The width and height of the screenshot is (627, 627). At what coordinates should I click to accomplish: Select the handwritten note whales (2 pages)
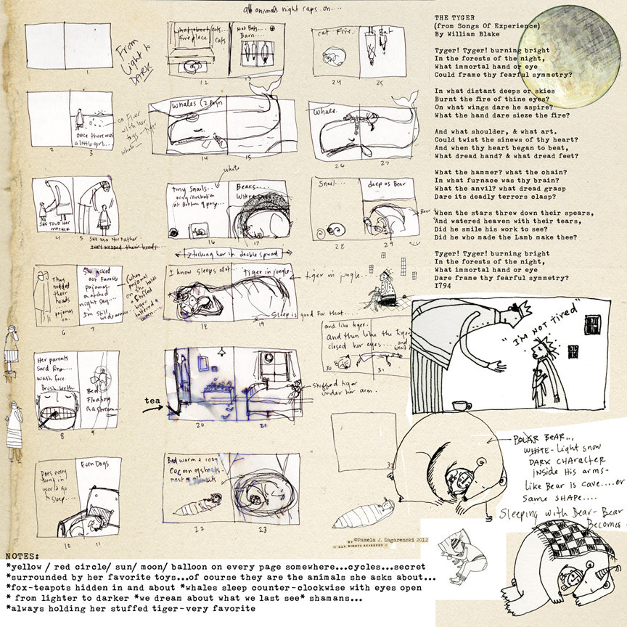pyautogui.click(x=197, y=106)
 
